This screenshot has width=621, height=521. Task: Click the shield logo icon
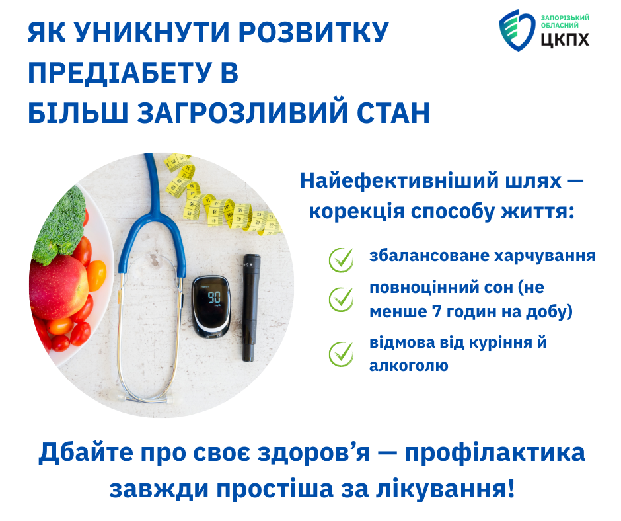[517, 30]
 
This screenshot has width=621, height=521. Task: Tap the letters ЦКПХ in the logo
[565, 40]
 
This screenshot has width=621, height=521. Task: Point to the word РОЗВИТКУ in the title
[314, 32]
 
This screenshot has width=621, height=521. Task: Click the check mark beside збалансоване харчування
[341, 260]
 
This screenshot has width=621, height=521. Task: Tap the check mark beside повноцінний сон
[341, 299]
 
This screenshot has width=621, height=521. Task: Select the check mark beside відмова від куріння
[341, 354]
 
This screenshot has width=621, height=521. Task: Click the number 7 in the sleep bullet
[436, 311]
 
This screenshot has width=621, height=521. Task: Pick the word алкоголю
[409, 366]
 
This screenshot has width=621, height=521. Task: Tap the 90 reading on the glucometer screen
[214, 297]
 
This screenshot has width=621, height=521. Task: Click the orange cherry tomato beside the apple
[96, 275]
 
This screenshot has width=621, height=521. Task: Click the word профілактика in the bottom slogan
[495, 453]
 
